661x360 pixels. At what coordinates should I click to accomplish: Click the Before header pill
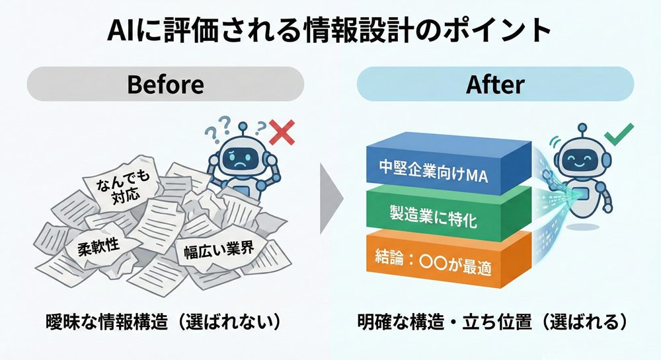coord(165,85)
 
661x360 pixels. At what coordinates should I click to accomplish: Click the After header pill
coord(495,85)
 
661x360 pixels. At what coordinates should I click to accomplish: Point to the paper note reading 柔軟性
coord(97,245)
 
